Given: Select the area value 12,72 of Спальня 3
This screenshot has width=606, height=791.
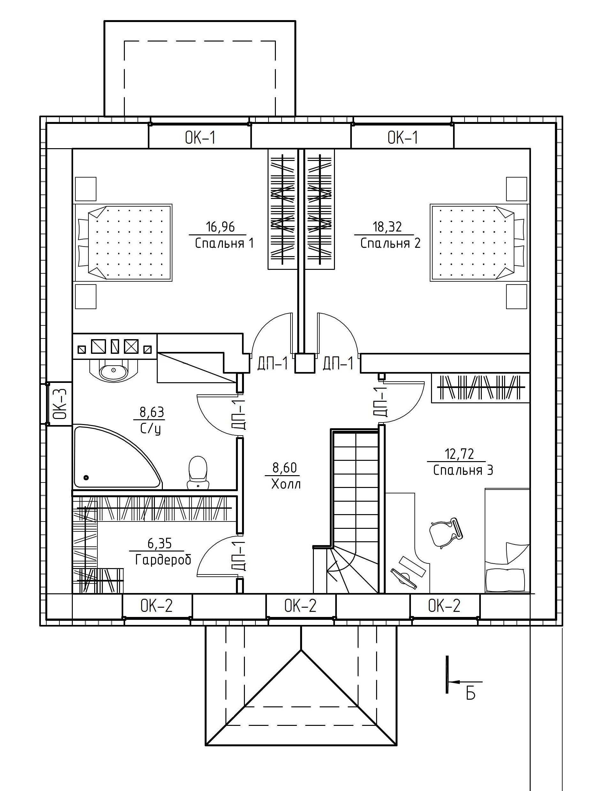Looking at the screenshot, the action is pyautogui.click(x=459, y=454).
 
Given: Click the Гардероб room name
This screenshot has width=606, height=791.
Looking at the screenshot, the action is pyautogui.click(x=163, y=559).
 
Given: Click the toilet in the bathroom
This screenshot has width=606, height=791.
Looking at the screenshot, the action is pyautogui.click(x=198, y=473).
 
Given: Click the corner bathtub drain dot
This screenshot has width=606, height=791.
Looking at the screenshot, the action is pyautogui.click(x=86, y=478).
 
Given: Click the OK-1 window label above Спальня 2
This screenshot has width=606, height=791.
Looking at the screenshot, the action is pyautogui.click(x=403, y=138).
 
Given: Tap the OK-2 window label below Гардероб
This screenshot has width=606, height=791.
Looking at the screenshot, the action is pyautogui.click(x=157, y=605).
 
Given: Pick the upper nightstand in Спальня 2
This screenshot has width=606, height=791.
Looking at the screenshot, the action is pyautogui.click(x=517, y=189).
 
